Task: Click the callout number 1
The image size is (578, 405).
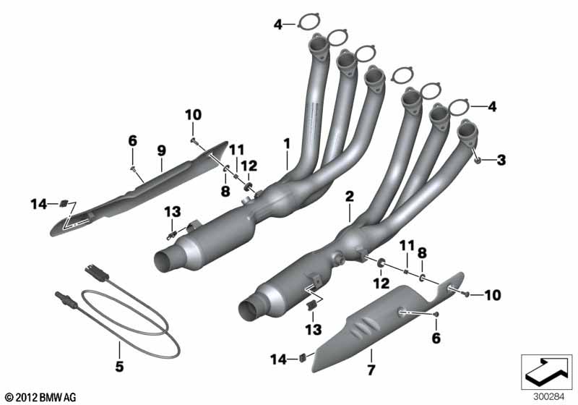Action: click(x=287, y=143)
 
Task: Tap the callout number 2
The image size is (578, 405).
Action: click(x=349, y=196)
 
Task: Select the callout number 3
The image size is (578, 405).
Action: click(x=501, y=160)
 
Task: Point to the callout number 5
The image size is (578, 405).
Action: click(x=119, y=366)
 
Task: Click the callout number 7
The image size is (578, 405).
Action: click(x=371, y=370)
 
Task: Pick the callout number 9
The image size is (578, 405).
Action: click(x=161, y=150)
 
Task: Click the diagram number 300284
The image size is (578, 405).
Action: click(x=548, y=397)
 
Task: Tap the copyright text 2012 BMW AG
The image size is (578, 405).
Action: click(x=41, y=397)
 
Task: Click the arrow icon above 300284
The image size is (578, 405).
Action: click(x=546, y=372)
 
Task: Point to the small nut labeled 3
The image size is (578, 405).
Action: click(x=478, y=160)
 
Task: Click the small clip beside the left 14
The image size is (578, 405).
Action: click(x=64, y=203)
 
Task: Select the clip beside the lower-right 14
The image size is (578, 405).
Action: click(x=303, y=357)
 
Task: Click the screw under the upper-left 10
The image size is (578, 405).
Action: click(x=194, y=140)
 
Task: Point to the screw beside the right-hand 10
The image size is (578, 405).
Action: click(x=465, y=294)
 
